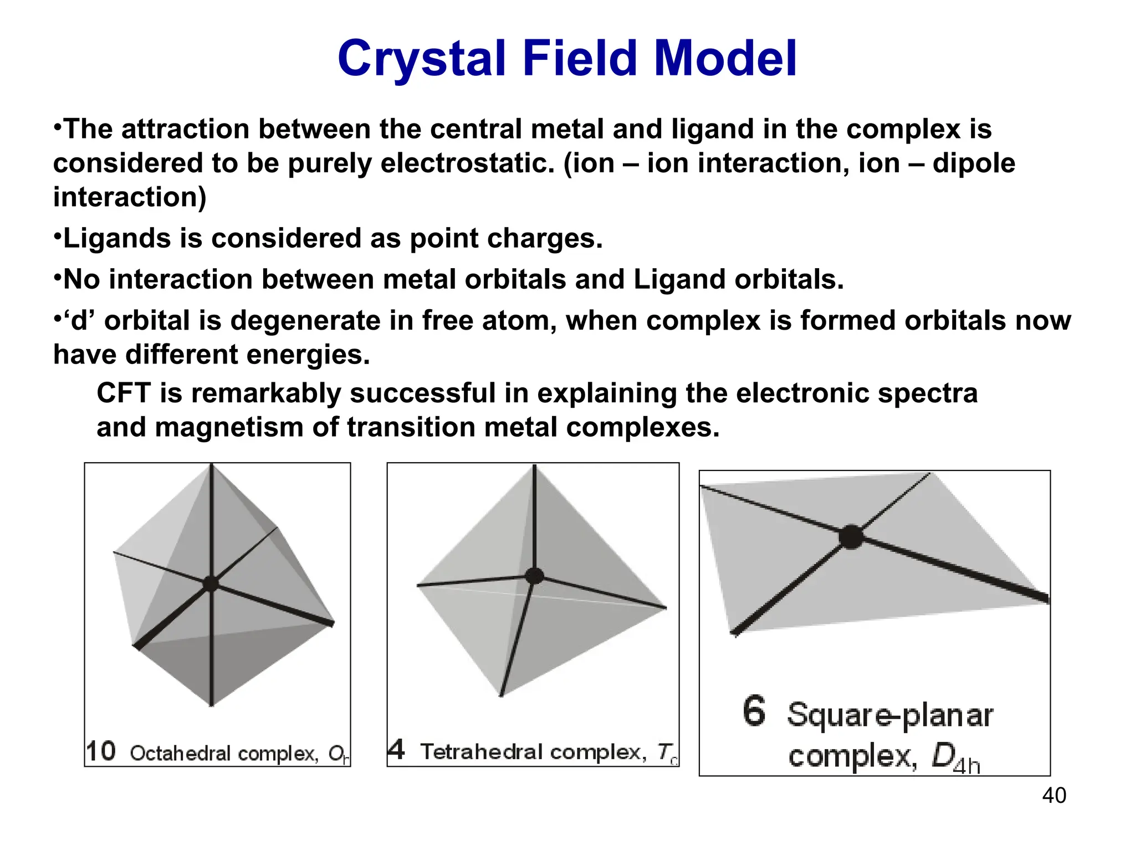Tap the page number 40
[x=1054, y=796]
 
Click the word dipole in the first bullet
[x=974, y=163]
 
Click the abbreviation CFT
[x=124, y=393]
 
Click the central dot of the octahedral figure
[x=211, y=583]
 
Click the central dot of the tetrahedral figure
[x=534, y=576]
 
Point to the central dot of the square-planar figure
[x=851, y=536]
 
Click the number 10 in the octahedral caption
[x=101, y=752]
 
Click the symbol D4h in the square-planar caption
[x=955, y=758]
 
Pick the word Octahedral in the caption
[x=180, y=753]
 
